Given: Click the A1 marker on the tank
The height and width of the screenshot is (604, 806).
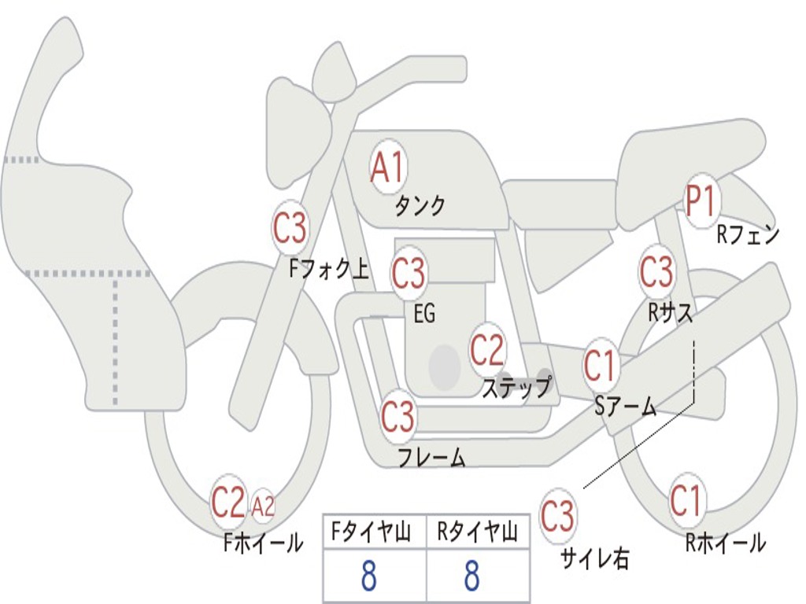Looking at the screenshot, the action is [387, 167].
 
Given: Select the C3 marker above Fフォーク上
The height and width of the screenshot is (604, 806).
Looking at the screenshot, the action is [290, 230].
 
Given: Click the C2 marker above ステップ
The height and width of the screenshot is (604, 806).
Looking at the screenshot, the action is [487, 350].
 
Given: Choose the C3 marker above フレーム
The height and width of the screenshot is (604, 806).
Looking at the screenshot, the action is [397, 416].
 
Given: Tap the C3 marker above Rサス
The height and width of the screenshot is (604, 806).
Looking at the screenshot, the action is [656, 272].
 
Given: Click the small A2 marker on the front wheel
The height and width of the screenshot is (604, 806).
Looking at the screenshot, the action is [264, 506].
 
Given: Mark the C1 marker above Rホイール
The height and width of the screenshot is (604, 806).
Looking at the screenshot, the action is [686, 500].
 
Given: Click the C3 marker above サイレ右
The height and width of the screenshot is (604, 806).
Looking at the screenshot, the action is [557, 517].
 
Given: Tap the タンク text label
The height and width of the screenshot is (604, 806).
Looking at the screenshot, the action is [420, 206].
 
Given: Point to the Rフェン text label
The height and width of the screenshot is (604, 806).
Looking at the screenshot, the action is [748, 234].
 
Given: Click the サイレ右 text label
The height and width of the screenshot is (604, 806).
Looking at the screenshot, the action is [594, 558].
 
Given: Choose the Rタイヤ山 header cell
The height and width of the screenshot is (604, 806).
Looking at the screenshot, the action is [477, 533].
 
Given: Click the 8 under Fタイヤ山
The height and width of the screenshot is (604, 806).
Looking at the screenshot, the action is [368, 576].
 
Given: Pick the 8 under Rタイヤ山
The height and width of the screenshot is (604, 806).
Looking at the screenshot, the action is [471, 576].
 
